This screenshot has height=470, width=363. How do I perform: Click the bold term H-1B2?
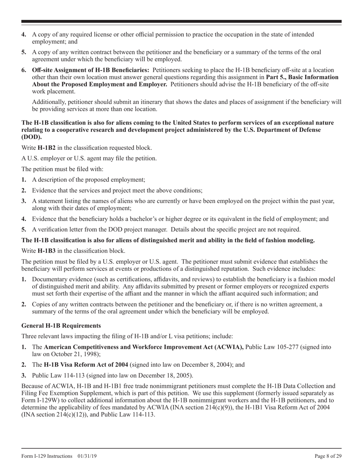46,148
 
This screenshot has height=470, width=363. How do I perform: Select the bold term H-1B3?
46,251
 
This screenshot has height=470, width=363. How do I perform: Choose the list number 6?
24,70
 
